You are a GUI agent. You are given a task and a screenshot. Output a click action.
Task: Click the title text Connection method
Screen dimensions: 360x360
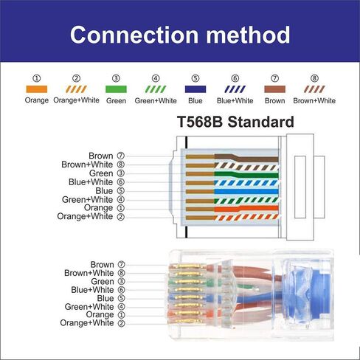tap(179, 35)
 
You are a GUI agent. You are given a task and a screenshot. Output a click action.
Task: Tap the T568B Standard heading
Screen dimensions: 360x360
tap(235, 122)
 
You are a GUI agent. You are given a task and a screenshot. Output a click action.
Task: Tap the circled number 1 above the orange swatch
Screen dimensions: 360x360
tap(37, 77)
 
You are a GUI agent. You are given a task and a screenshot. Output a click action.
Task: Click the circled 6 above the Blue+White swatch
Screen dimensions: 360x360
tap(235, 77)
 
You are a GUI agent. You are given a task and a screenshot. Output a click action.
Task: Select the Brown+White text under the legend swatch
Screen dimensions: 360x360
tap(315, 100)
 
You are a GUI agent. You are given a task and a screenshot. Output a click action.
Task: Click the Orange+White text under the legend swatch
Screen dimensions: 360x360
tap(77, 100)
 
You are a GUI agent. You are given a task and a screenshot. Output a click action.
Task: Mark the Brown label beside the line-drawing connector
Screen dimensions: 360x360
tap(100, 156)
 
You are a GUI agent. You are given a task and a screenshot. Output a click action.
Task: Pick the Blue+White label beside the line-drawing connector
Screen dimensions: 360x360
tap(91, 181)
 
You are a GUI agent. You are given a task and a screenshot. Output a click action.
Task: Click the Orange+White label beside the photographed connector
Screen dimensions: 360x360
tap(86, 323)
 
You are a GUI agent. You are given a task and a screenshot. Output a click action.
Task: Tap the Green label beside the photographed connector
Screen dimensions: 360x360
tap(102, 281)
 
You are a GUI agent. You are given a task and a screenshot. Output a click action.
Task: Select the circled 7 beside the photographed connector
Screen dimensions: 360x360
tap(121, 264)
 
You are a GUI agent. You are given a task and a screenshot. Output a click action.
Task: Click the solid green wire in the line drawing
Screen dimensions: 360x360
tap(243, 174)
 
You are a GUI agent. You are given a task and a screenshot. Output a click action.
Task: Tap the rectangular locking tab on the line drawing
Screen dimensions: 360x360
tap(302, 184)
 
